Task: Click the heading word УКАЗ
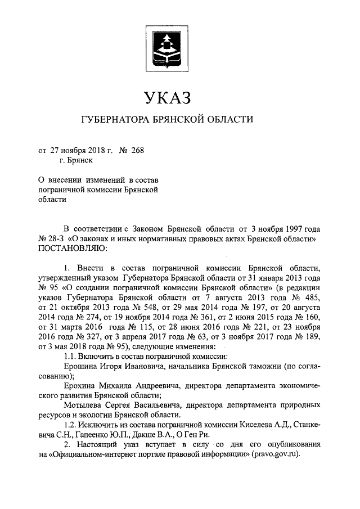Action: [167, 97]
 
